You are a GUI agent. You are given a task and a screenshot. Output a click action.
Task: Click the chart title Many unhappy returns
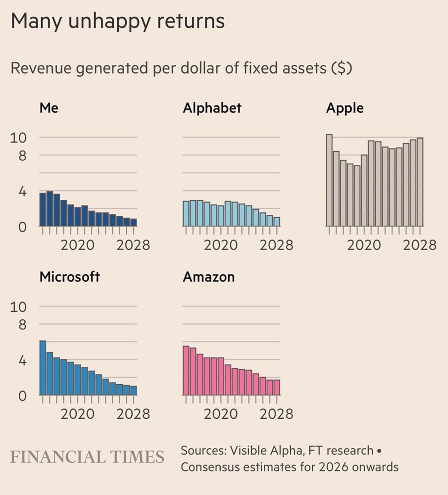tap(117, 21)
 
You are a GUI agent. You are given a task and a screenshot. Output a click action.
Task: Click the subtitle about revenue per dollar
tap(181, 68)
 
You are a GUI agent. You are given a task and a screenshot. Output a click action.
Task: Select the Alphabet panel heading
tap(212, 107)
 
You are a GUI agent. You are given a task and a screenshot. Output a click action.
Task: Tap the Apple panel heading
tap(345, 107)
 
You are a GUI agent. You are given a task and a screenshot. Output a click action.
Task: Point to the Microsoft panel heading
tap(69, 276)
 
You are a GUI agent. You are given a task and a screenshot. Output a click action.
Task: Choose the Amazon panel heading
tap(208, 276)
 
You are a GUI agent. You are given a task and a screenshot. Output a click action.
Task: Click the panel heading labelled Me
tap(49, 107)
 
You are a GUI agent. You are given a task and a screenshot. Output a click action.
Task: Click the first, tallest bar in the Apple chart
tap(329, 180)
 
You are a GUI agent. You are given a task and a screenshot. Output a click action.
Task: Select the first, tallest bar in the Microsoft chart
tap(43, 368)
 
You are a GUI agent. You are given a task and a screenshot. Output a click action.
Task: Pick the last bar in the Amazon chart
tap(276, 387)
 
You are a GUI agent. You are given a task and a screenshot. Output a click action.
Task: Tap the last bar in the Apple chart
tap(420, 182)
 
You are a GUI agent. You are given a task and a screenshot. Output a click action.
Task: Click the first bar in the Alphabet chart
tap(186, 213)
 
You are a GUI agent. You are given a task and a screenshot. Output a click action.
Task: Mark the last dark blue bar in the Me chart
tap(134, 222)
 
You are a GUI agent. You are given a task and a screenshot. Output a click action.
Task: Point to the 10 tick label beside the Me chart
tap(18, 137)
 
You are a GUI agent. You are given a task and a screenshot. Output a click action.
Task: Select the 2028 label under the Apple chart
tap(419, 245)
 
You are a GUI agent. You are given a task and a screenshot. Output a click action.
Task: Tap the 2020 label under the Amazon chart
tap(221, 413)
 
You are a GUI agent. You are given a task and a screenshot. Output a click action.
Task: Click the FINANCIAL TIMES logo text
tap(87, 457)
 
